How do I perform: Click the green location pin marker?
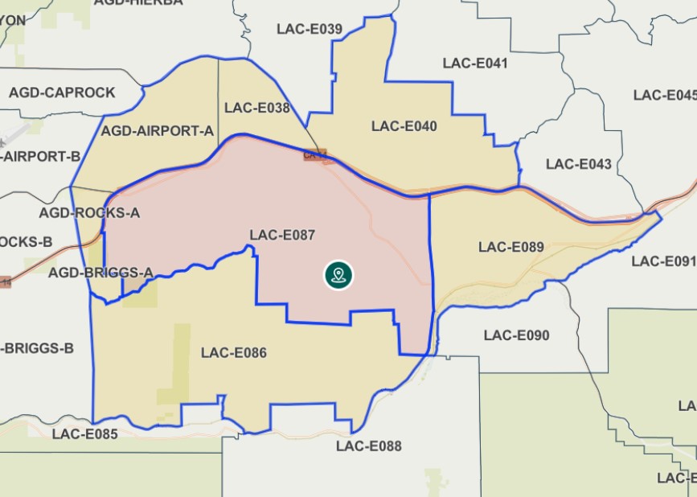[x=339, y=275]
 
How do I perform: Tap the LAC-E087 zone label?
[x=282, y=236]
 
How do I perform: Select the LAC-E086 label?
[x=234, y=353]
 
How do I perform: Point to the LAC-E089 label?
[x=511, y=247]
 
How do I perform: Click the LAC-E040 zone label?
[x=404, y=126]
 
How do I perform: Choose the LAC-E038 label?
[x=257, y=108]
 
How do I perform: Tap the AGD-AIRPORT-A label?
[x=158, y=130]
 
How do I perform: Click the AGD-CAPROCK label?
[x=62, y=92]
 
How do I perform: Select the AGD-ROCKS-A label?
[x=89, y=213]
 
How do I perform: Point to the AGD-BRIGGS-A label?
[x=100, y=273]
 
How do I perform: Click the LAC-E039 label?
[x=310, y=30]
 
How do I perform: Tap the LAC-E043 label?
[x=579, y=164]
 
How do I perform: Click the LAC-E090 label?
[x=517, y=335]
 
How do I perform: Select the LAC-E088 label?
[x=369, y=446]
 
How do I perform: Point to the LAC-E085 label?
[x=85, y=435]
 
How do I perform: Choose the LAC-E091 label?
[x=663, y=261]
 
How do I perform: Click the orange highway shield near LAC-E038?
[x=314, y=155]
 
